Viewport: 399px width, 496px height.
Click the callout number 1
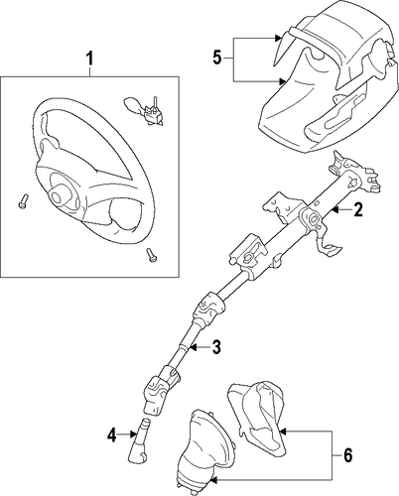[x=89, y=59]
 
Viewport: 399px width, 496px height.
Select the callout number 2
[x=357, y=209]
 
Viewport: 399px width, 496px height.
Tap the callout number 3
[x=215, y=347]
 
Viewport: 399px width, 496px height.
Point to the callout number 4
[x=112, y=434]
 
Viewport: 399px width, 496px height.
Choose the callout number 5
[x=217, y=59]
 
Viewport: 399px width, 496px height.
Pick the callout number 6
[x=347, y=455]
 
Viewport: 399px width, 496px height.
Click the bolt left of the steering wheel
[x=23, y=200]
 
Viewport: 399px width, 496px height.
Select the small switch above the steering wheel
[x=144, y=110]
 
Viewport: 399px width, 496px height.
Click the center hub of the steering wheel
[x=58, y=196]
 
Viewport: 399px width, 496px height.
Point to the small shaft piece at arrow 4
[x=139, y=440]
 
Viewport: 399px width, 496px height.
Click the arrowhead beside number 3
[x=193, y=347]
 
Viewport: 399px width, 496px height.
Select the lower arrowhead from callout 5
[x=281, y=81]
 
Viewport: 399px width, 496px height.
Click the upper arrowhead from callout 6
[x=282, y=432]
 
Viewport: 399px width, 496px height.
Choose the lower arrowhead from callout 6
[x=213, y=479]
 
